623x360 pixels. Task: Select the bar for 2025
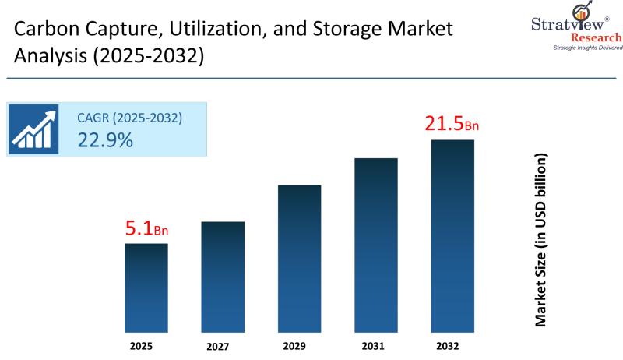(146, 288)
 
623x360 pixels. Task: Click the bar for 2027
(223, 277)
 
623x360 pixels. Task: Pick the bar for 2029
(300, 259)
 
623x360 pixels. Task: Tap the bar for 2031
(376, 245)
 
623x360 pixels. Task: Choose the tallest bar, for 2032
(452, 236)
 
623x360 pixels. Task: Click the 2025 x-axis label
(141, 346)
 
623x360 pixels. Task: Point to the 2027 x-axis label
(218, 347)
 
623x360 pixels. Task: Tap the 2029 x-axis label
(294, 346)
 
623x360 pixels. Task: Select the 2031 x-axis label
(373, 346)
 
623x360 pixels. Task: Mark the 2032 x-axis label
(447, 346)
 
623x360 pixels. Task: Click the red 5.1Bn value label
(146, 228)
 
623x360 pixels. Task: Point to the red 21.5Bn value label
(452, 123)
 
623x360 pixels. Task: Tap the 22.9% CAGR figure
(105, 140)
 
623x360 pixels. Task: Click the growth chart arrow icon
(33, 129)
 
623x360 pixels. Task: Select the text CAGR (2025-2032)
(129, 118)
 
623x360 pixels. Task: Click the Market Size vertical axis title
(540, 240)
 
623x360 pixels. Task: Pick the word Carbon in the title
(48, 29)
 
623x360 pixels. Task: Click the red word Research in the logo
(596, 37)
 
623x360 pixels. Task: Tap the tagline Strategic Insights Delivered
(588, 48)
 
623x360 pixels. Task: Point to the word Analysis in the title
(51, 55)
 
